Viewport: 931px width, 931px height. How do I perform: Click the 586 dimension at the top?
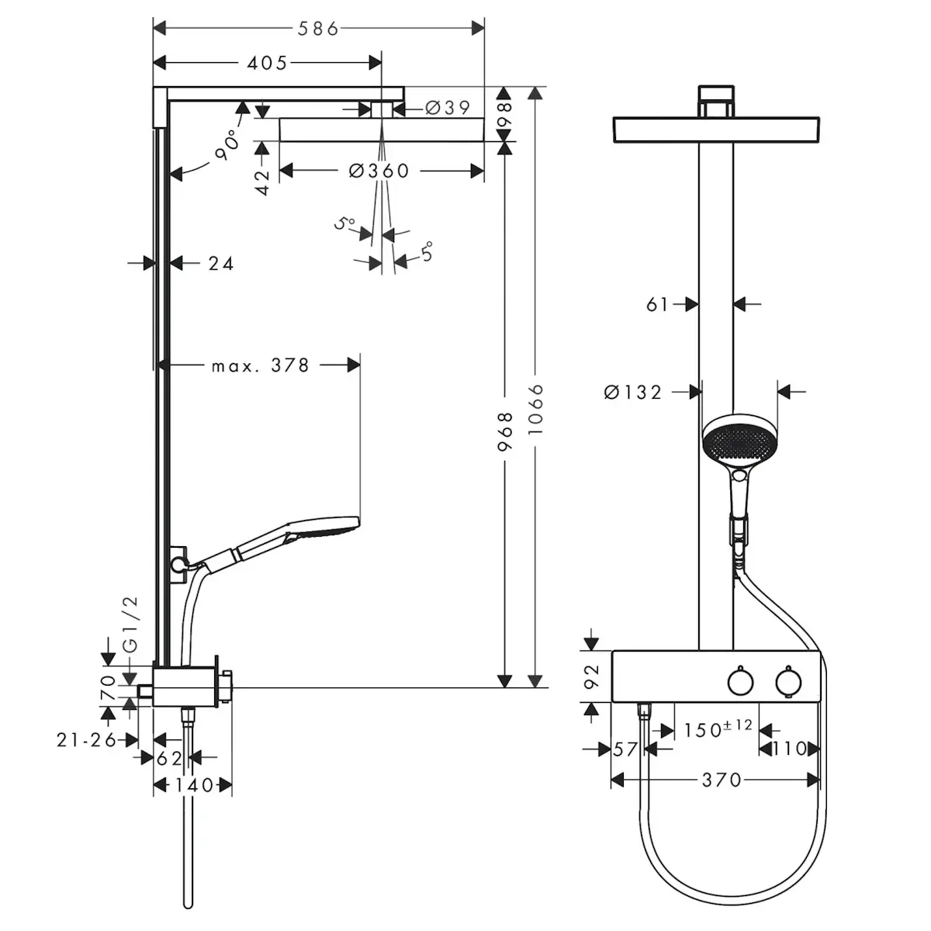(x=318, y=29)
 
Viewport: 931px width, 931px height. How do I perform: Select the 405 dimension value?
(x=267, y=64)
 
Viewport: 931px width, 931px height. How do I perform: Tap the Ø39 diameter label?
(x=448, y=108)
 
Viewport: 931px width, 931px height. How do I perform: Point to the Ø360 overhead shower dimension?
(x=379, y=171)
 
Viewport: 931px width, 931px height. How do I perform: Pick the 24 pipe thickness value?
(x=221, y=264)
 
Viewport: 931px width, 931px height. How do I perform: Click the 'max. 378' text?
(x=261, y=365)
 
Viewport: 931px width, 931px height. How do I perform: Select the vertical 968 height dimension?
(x=505, y=431)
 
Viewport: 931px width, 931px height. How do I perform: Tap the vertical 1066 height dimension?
(x=535, y=410)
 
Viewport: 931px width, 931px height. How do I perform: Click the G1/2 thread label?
(x=131, y=625)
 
